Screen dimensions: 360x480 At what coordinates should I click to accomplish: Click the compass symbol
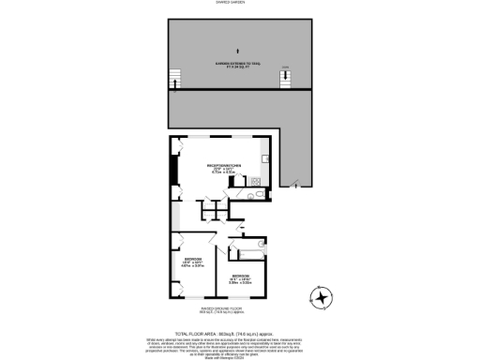[322, 298]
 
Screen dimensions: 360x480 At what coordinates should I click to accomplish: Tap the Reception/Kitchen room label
[225, 168]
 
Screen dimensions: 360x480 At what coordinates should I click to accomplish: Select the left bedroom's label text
[192, 262]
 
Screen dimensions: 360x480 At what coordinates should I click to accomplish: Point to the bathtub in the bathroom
[250, 253]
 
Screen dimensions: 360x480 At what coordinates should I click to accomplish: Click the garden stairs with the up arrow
[172, 80]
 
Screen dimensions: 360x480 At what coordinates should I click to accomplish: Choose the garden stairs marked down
[285, 79]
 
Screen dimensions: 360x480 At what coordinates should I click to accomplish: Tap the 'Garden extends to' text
[228, 65]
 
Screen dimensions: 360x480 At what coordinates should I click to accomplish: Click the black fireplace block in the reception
[172, 170]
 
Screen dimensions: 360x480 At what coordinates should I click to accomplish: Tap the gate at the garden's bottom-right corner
[296, 184]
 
